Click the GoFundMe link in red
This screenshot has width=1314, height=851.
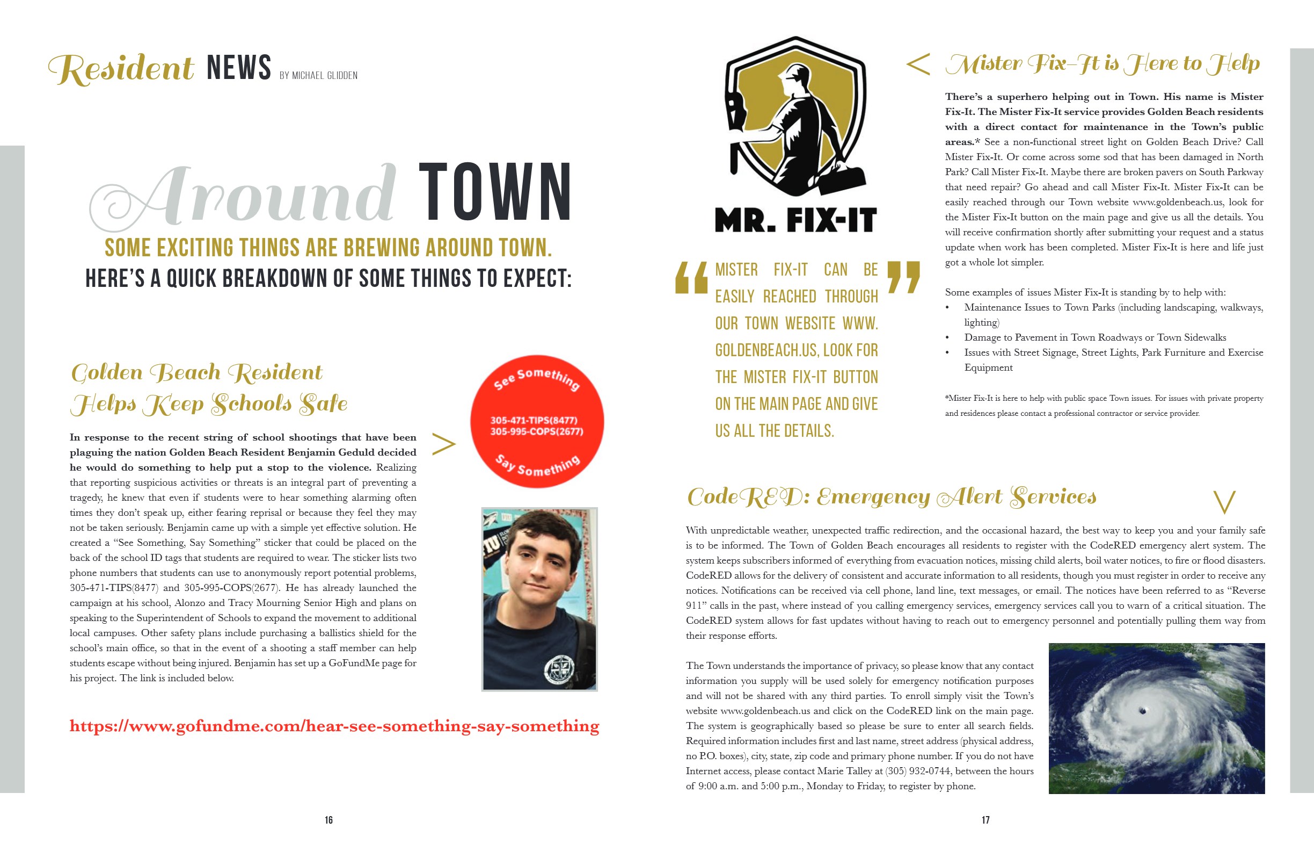click(334, 726)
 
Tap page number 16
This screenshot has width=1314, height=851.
click(328, 820)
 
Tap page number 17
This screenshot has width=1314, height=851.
click(985, 820)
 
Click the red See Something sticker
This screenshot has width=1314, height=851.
click(537, 421)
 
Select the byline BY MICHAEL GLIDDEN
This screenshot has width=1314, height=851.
click(318, 76)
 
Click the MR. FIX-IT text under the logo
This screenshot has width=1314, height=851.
click(795, 220)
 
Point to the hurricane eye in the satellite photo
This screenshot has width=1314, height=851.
click(1143, 711)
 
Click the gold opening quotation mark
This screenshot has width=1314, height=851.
click(691, 277)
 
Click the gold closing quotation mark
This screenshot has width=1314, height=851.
click(903, 277)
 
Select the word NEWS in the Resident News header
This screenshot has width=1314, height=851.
click(238, 67)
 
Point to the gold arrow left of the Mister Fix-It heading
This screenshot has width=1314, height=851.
click(917, 64)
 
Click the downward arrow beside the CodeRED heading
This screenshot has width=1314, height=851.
click(1224, 502)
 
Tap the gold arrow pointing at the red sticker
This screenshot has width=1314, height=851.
click(443, 444)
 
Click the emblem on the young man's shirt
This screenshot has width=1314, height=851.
click(559, 669)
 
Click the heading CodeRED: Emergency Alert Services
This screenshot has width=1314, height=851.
click(891, 497)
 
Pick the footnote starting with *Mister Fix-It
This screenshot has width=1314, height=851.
click(1104, 406)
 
